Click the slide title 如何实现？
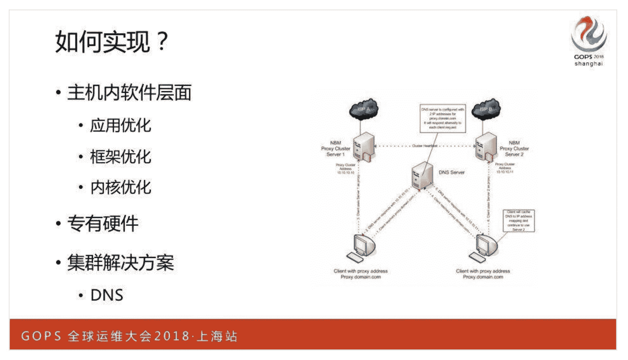click(x=112, y=42)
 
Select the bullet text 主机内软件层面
click(x=129, y=92)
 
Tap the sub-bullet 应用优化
click(x=120, y=126)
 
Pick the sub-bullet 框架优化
click(x=120, y=157)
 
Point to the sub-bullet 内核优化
click(x=120, y=187)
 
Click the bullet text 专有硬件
click(x=102, y=223)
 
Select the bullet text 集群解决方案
click(x=120, y=263)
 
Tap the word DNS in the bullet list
click(x=107, y=295)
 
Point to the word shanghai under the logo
click(x=588, y=64)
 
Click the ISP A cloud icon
click(x=364, y=109)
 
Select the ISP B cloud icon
click(x=486, y=109)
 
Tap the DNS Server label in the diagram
click(x=451, y=172)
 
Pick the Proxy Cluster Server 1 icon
click(x=364, y=147)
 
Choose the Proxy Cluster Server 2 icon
click(x=486, y=147)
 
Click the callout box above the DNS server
click(x=442, y=118)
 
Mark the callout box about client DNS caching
click(x=518, y=221)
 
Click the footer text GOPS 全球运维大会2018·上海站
click(x=129, y=336)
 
